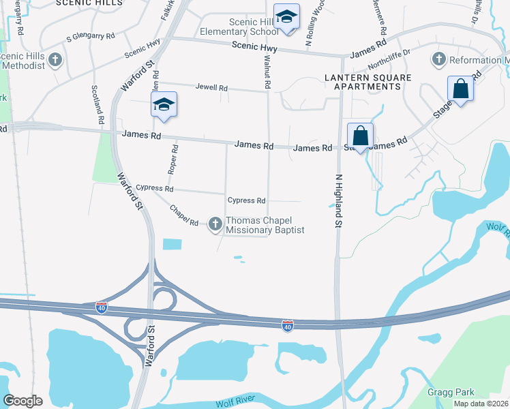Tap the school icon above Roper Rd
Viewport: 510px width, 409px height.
164,105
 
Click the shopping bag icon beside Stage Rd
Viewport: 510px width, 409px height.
461,89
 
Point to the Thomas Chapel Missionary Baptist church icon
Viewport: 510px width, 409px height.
215,224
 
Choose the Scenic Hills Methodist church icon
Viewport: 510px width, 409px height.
56,60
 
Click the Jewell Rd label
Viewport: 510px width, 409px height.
211,88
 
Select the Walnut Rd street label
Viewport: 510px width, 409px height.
267,72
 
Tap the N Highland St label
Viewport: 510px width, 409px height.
337,201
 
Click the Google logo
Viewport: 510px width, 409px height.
22,401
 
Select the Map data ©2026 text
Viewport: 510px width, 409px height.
481,404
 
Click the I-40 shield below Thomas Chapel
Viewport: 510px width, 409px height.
288,327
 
